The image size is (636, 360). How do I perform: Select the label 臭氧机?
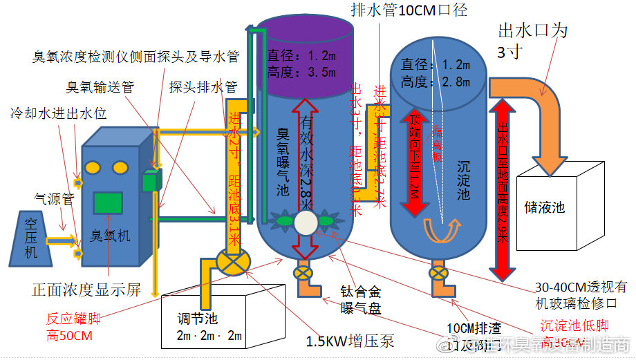click(x=111, y=236)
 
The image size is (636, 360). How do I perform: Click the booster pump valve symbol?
click(x=229, y=263)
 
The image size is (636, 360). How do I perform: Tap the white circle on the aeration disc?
click(x=305, y=222)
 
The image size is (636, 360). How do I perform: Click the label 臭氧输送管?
click(x=100, y=87)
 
